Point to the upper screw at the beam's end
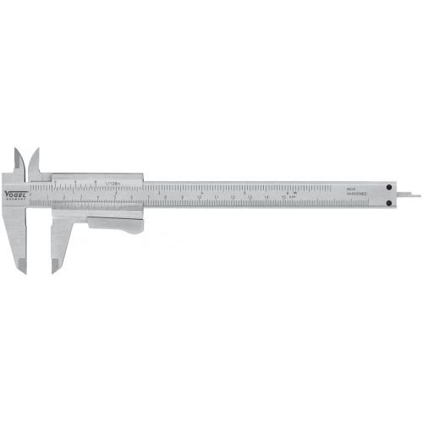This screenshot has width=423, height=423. tap(388, 187)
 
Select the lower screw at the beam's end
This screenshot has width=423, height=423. tap(388, 201)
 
